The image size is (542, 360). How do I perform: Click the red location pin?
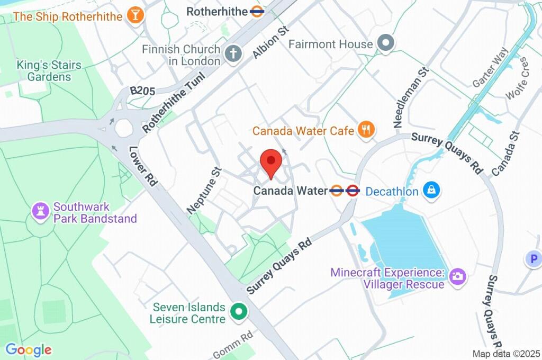271,162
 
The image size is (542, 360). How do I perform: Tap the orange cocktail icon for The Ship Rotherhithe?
135,15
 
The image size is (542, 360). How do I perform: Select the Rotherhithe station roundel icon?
257,11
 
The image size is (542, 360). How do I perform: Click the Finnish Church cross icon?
233,53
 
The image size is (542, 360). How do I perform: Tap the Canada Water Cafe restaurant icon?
366,129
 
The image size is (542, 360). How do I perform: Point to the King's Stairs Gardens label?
49,71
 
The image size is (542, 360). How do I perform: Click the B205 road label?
143,92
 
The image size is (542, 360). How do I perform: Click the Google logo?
29,349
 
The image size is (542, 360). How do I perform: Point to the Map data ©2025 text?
506,354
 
